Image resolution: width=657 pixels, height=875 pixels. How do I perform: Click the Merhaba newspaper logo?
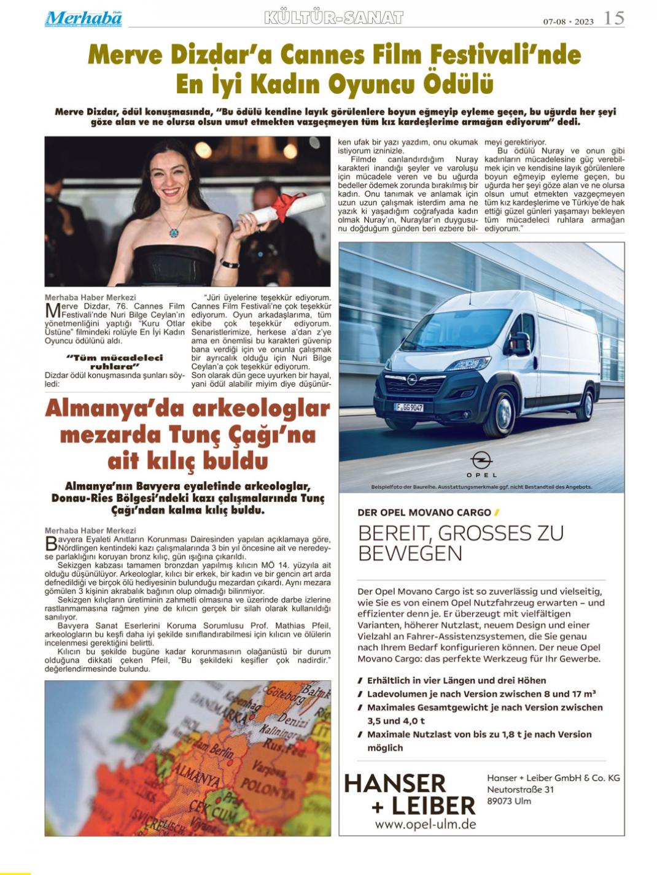(x=83, y=18)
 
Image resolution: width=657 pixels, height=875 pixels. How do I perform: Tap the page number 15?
(x=613, y=18)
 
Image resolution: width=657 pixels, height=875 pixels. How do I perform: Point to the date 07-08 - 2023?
(x=568, y=21)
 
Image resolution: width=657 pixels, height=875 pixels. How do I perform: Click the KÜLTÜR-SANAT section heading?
(x=333, y=18)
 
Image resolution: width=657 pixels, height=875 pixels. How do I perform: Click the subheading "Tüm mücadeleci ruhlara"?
(x=114, y=361)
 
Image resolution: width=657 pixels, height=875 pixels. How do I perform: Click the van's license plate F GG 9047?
(x=408, y=407)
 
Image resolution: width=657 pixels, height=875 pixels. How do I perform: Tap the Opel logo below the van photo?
(x=481, y=460)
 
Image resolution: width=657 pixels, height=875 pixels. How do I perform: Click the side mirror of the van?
(x=520, y=343)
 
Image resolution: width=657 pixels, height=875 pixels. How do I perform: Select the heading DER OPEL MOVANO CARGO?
(x=424, y=512)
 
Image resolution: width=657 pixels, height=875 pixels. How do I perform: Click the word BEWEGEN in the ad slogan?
(x=410, y=553)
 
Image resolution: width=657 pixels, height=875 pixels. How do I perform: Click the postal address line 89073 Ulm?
(x=509, y=801)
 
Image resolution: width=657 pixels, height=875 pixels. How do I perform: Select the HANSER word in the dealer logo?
(x=395, y=784)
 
